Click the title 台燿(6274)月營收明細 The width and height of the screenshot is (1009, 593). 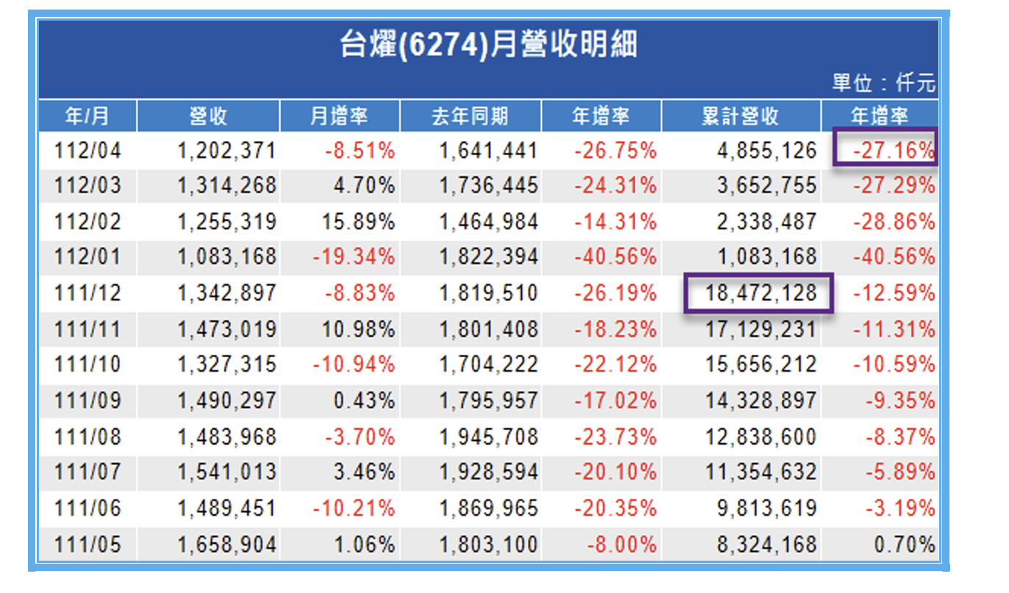(488, 46)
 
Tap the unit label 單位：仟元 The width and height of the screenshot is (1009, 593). (883, 83)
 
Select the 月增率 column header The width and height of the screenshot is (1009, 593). (340, 116)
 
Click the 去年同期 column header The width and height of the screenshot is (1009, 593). (470, 116)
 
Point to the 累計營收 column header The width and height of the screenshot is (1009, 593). (740, 116)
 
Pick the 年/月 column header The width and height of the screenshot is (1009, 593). (87, 116)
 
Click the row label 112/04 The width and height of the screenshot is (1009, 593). (87, 151)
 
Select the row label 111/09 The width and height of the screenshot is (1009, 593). (87, 400)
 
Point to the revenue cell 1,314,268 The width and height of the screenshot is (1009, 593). (226, 186)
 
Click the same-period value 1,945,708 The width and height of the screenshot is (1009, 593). (489, 436)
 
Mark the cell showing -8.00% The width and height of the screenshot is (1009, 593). (621, 545)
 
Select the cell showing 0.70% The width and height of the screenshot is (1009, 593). (905, 545)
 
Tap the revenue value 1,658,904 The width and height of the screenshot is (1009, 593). (226, 545)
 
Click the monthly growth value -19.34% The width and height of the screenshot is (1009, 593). (353, 257)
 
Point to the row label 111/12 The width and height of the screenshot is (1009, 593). (87, 293)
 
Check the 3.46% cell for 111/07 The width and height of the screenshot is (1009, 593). (364, 472)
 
